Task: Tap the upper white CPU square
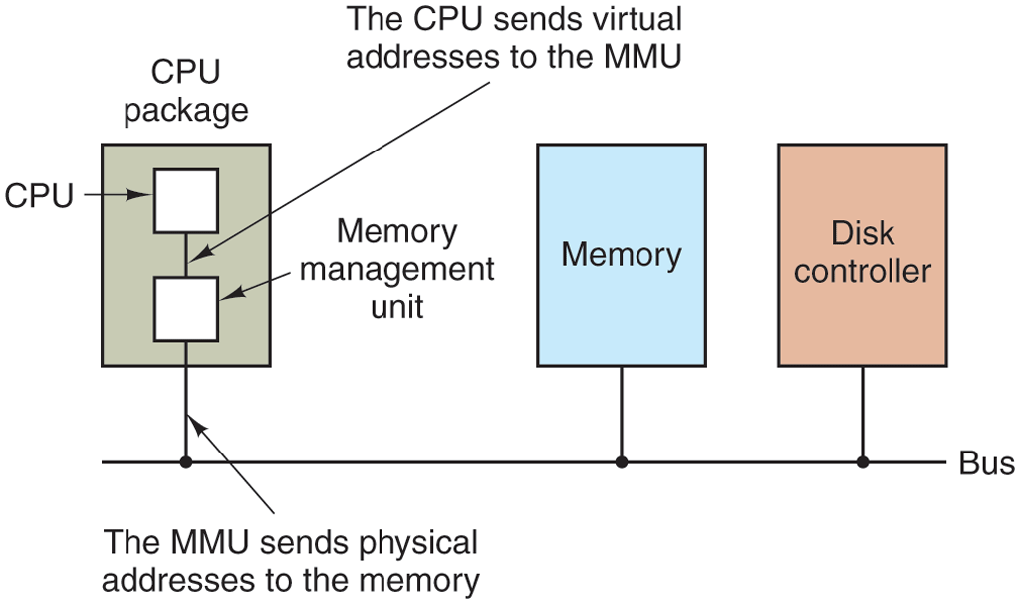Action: pyautogui.click(x=185, y=200)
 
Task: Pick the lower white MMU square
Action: pyautogui.click(x=185, y=309)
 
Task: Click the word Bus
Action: pyautogui.click(x=986, y=463)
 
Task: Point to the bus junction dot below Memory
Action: pyautogui.click(x=622, y=462)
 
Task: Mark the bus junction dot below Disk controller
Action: pyautogui.click(x=863, y=462)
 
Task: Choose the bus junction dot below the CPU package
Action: pyautogui.click(x=185, y=462)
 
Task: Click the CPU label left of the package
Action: pyautogui.click(x=39, y=196)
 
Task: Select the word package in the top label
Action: pyautogui.click(x=185, y=111)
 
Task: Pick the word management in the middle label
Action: pyautogui.click(x=397, y=269)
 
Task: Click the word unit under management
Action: pyautogui.click(x=397, y=306)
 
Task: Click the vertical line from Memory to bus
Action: pyautogui.click(x=622, y=414)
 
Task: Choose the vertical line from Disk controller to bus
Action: pyautogui.click(x=863, y=414)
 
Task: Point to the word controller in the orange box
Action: pyautogui.click(x=863, y=271)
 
